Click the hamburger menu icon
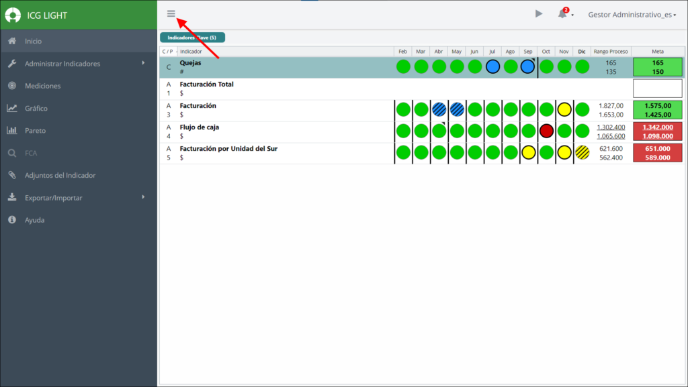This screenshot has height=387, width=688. [171, 13]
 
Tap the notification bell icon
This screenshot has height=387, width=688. [562, 14]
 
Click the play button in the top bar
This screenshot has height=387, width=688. [539, 14]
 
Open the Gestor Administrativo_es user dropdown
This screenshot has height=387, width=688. [632, 15]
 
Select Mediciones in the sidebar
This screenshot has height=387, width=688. [42, 86]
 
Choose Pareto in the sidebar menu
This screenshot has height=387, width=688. [35, 131]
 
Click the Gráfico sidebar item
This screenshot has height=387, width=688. [36, 108]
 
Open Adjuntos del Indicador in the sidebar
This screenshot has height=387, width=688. [60, 175]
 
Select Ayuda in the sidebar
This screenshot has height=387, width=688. [35, 220]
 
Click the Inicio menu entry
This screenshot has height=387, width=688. [34, 41]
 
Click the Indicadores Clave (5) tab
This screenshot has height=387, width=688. [192, 38]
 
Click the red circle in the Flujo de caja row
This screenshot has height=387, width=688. [546, 131]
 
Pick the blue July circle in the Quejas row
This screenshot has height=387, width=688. [492, 66]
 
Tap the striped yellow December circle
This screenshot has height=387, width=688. [583, 152]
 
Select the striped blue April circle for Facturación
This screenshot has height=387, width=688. [439, 109]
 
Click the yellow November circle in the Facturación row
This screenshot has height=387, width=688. [564, 109]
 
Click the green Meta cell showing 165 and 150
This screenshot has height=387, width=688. [657, 67]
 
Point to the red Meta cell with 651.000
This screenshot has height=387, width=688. [657, 153]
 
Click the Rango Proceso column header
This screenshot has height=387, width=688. [611, 51]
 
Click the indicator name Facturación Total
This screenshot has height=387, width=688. [207, 84]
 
